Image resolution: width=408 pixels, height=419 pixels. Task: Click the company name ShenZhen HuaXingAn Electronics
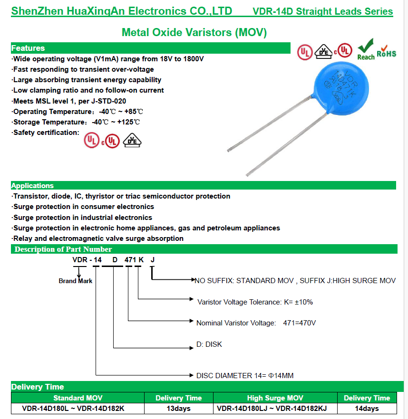tap(122, 11)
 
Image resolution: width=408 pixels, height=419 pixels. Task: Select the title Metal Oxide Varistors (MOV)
tap(194, 32)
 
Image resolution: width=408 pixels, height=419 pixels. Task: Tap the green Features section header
tap(28, 48)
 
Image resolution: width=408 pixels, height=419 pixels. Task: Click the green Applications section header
tap(32, 186)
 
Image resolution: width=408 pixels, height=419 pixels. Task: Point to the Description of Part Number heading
tap(63, 249)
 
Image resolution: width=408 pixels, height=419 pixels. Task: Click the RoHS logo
tap(386, 53)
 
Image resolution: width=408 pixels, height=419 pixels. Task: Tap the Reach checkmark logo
tap(366, 49)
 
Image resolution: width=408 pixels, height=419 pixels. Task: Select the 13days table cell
tap(179, 409)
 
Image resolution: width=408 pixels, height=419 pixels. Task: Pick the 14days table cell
tap(367, 409)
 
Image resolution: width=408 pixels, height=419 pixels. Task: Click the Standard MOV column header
tap(78, 398)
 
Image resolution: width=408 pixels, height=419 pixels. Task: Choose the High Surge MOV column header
tap(275, 398)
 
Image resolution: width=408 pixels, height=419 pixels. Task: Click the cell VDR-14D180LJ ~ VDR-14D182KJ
tap(275, 409)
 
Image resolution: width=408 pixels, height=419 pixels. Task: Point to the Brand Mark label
tap(75, 281)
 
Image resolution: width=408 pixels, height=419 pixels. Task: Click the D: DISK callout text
tap(209, 344)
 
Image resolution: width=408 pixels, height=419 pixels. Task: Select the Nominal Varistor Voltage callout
tap(256, 323)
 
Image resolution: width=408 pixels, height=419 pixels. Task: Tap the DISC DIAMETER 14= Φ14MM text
tap(245, 376)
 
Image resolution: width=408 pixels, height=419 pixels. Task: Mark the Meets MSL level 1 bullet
tap(69, 101)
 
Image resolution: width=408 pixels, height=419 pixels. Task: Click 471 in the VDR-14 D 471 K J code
tap(130, 260)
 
